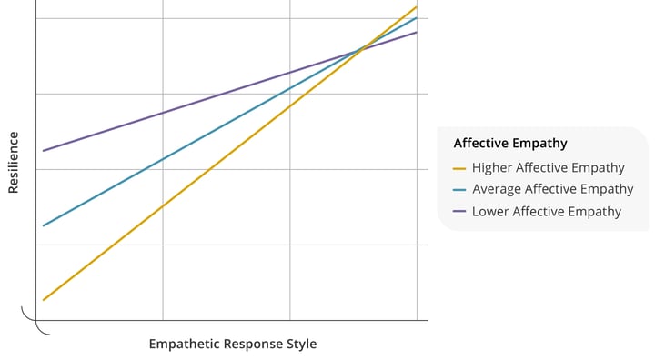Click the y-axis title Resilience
[14, 163]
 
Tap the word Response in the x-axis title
[254, 345]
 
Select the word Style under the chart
[301, 345]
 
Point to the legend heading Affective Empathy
[509, 143]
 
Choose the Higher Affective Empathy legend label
[548, 167]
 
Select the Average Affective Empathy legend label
[552, 189]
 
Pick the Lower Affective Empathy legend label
[546, 211]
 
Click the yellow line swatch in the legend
[459, 168]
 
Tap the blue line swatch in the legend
[459, 190]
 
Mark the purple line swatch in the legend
[459, 212]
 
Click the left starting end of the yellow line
[44, 299]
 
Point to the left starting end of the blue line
[44, 225]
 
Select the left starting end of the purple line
[44, 150]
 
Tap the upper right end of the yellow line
[416, 7]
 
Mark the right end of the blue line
[416, 18]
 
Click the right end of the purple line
[416, 33]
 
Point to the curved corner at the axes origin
[36, 323]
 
